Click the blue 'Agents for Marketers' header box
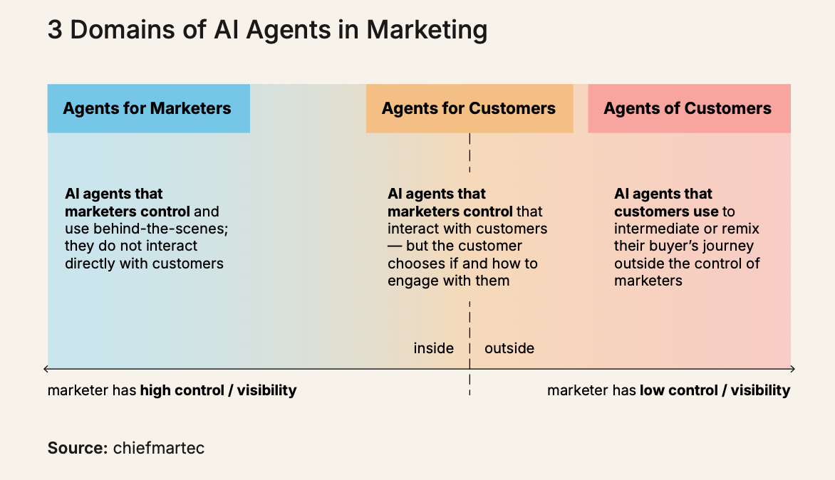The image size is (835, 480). (148, 108)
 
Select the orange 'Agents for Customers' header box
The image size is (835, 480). (469, 108)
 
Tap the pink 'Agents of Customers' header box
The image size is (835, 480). (688, 108)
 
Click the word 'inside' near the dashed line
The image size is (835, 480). (434, 348)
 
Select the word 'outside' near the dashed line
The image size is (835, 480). (509, 348)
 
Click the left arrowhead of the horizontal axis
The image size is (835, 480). (46, 369)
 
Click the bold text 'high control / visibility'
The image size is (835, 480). (218, 390)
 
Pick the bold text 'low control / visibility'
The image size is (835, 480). (715, 390)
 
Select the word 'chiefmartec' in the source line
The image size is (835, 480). (159, 449)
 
